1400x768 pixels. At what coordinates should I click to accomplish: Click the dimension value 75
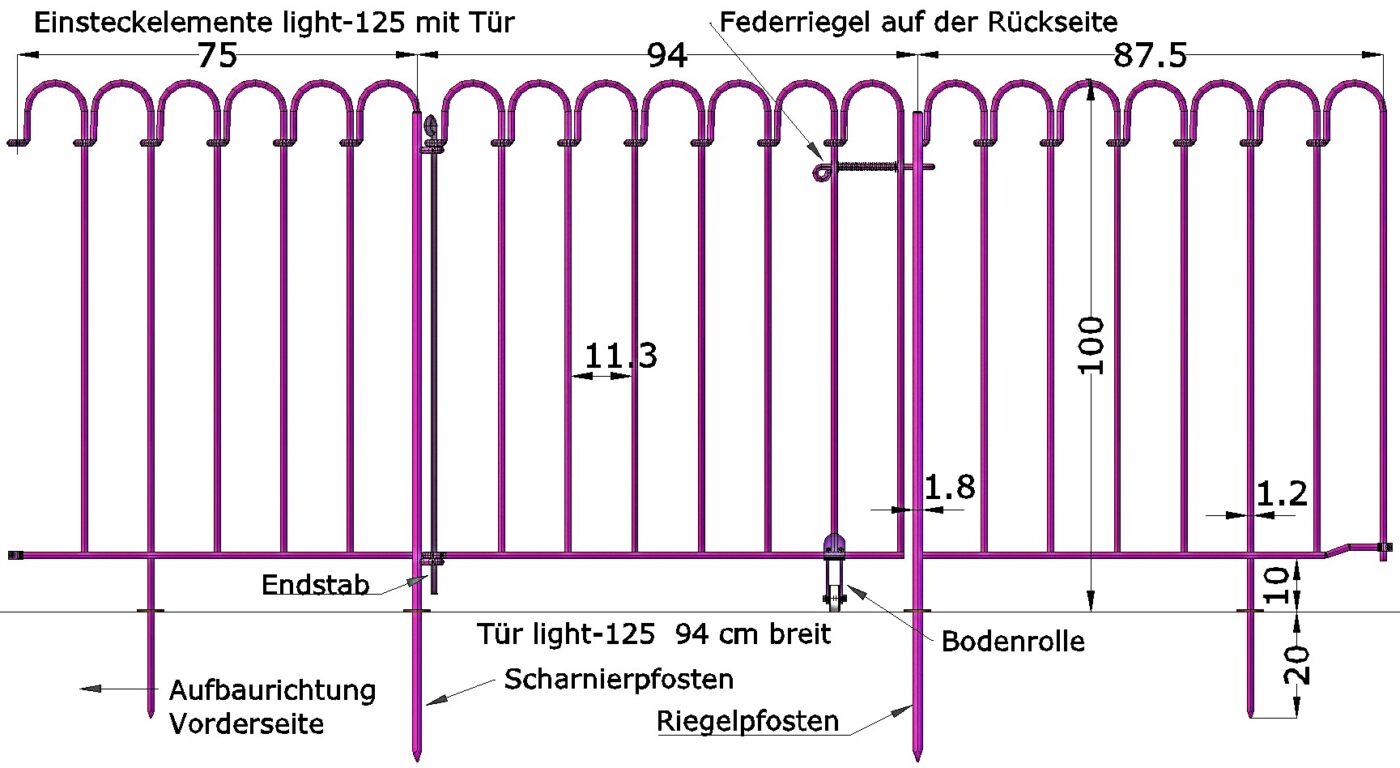217,56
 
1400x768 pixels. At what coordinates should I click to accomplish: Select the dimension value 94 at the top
667,56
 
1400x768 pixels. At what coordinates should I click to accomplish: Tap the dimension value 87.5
1150,56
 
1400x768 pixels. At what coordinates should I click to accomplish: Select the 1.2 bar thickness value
1281,493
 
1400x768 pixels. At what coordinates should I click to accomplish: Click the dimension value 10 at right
1297,584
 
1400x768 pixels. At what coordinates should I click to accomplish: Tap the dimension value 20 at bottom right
1297,662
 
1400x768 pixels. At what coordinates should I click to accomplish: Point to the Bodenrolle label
1013,641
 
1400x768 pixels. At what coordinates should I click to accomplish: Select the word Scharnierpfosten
619,680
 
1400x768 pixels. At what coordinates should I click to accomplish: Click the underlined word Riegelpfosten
747,721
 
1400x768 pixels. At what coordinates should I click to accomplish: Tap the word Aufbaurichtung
272,690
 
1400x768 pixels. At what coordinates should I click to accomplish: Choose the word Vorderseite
247,723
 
